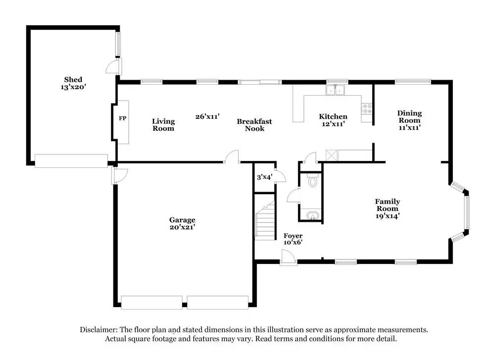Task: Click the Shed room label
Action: point(73,83)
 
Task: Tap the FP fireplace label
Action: point(122,119)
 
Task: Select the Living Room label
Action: point(163,125)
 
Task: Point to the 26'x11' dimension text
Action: point(207,116)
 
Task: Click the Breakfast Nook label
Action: point(254,125)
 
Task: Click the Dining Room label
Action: point(409,120)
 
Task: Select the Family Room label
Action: point(387,208)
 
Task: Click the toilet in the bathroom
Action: point(312,181)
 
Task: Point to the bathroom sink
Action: point(312,215)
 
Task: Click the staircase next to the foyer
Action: point(265,217)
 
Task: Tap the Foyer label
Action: point(293,239)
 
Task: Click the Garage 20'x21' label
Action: point(182,223)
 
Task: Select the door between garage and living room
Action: point(231,157)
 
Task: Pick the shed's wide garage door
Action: point(71,161)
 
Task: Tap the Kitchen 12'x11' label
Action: point(333,120)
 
